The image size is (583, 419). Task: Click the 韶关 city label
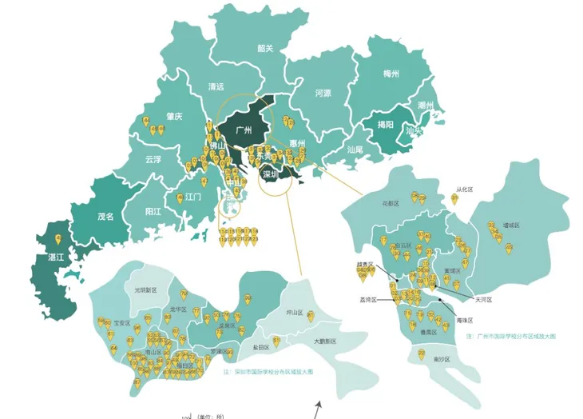tap(265, 48)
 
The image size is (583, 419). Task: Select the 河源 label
tap(323, 93)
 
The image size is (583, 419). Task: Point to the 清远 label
tap(216, 86)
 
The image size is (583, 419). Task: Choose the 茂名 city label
tap(105, 216)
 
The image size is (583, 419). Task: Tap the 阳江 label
tap(154, 212)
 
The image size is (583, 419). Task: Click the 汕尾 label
tap(355, 149)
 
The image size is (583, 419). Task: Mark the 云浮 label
tap(153, 159)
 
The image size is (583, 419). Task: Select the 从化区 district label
tap(464, 190)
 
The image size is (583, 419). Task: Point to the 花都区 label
tap(391, 204)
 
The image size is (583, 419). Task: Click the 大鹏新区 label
tap(324, 341)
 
